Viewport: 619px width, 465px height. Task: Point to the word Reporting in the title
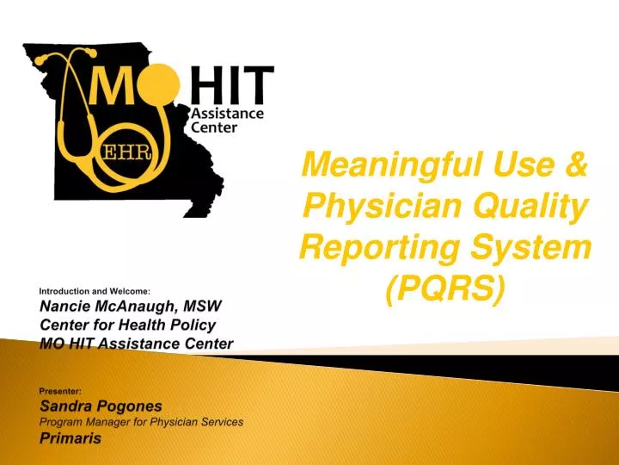pos(371,248)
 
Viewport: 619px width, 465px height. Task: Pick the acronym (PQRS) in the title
pos(444,290)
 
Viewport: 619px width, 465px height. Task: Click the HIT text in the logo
pos(230,86)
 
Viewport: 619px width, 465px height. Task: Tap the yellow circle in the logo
pos(163,90)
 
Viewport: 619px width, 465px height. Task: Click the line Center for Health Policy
pos(127,325)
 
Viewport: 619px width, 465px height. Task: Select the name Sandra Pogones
pos(101,405)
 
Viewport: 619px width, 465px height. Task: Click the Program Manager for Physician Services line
pos(142,421)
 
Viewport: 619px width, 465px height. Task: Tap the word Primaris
pos(70,437)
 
